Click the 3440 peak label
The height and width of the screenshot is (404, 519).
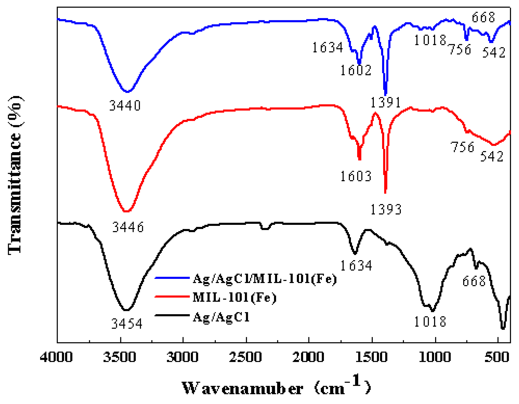[125, 106]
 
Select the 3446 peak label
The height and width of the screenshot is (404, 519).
[128, 227]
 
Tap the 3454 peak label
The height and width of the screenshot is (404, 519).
[127, 324]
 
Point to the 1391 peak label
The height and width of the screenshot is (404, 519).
[385, 102]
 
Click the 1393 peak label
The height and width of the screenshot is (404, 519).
[386, 209]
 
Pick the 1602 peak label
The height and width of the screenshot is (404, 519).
[356, 70]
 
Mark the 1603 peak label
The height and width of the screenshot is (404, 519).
[356, 176]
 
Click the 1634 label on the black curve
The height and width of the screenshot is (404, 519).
[356, 266]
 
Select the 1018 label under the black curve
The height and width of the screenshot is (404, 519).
[430, 322]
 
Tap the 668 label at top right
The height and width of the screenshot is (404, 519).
[483, 18]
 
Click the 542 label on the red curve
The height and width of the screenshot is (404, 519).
[491, 157]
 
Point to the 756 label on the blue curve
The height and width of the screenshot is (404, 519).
[460, 49]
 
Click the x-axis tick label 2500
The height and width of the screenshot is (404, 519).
[245, 358]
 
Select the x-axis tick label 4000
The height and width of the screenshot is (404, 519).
[56, 358]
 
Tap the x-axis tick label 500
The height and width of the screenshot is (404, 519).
[497, 358]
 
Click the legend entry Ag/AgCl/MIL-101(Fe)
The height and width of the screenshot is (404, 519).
[264, 279]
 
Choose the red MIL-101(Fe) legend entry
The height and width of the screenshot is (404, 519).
[234, 297]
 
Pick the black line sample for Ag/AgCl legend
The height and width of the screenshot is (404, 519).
[172, 315]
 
